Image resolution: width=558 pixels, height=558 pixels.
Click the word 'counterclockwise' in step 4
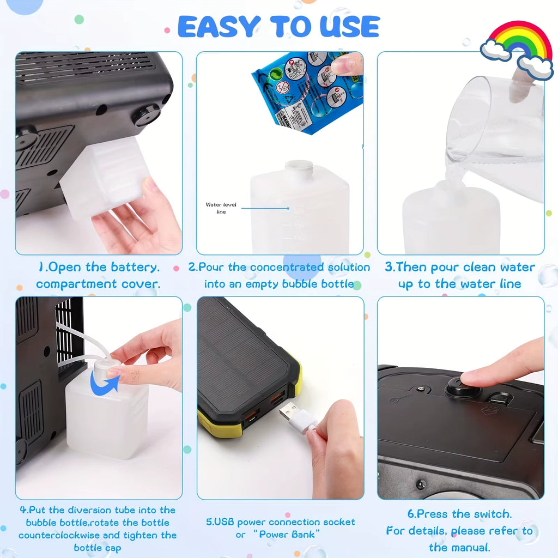coord(59,535)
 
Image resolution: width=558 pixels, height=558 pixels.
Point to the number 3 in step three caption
coord(389,267)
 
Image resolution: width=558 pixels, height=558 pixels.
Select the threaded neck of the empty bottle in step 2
coord(299,169)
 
